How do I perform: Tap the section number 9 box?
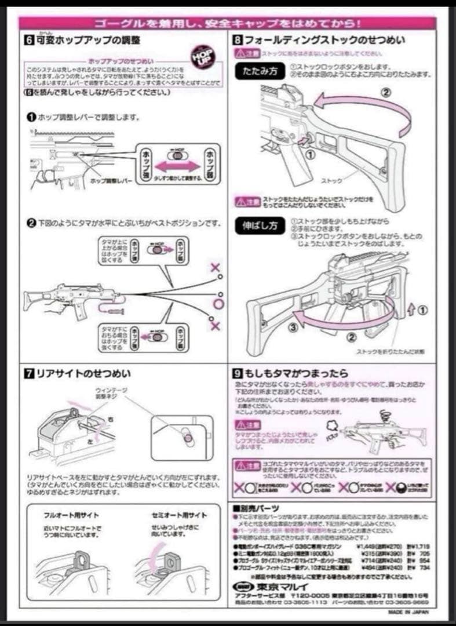pyautogui.click(x=238, y=374)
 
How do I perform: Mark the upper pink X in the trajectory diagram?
pyautogui.click(x=215, y=267)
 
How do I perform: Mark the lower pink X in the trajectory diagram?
pyautogui.click(x=215, y=326)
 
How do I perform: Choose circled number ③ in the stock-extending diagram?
pyautogui.click(x=294, y=327)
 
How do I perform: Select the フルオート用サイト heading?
pyautogui.click(x=71, y=515)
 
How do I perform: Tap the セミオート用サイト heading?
pyautogui.click(x=180, y=515)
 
